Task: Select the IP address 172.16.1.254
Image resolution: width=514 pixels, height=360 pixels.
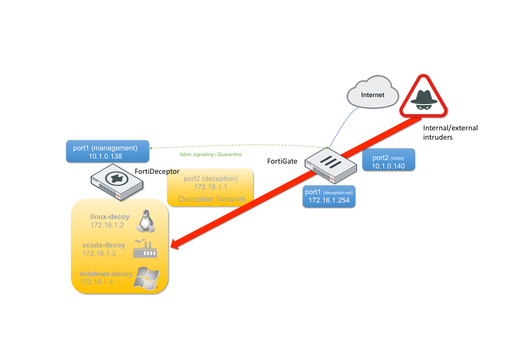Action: (x=329, y=200)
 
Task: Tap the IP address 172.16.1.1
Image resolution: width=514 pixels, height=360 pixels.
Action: (x=210, y=187)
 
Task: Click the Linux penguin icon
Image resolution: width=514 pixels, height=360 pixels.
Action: (x=144, y=221)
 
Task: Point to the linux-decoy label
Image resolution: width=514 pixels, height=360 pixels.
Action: (x=110, y=217)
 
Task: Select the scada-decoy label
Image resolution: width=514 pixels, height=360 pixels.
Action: (x=104, y=245)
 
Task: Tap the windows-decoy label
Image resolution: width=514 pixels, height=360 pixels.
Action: (x=105, y=274)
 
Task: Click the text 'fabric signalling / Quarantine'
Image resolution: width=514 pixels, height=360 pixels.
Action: (x=210, y=154)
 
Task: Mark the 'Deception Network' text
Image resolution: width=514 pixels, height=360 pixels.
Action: (x=212, y=199)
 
